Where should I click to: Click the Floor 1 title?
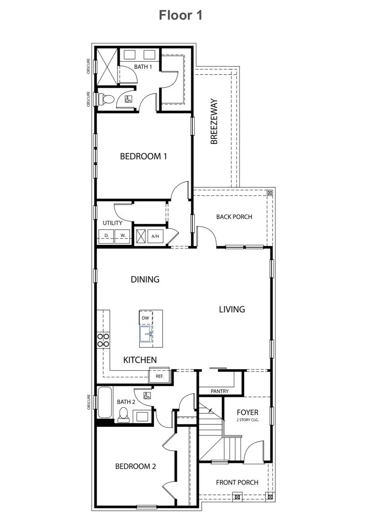(x=180, y=16)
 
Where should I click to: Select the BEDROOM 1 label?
(x=143, y=156)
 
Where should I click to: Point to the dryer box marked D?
(x=106, y=236)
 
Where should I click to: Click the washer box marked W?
(x=122, y=236)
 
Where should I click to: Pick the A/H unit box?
(x=155, y=236)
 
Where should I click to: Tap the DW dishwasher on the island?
(x=146, y=318)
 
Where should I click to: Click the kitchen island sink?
(x=146, y=334)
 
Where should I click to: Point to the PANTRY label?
(x=220, y=391)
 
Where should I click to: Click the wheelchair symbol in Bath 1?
(x=128, y=99)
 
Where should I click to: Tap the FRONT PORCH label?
(x=237, y=482)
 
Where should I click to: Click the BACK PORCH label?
(x=234, y=216)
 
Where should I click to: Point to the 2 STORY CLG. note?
(x=247, y=421)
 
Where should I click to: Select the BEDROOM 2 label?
(x=135, y=466)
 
